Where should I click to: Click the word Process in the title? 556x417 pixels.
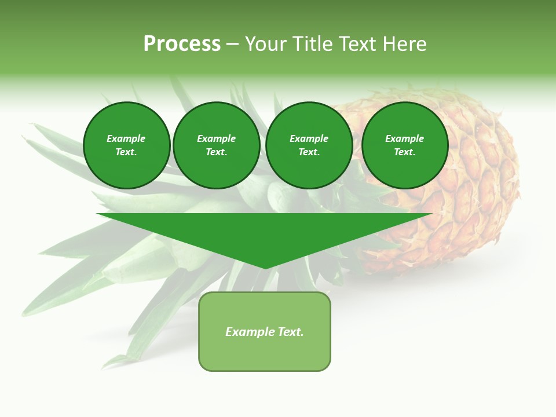(x=182, y=44)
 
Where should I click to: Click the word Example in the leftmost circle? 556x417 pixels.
(x=126, y=138)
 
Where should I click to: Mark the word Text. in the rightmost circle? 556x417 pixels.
(x=404, y=152)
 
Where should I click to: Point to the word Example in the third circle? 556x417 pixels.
(x=309, y=138)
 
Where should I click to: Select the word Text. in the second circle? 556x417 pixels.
(x=216, y=152)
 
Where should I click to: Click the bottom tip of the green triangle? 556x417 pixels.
(x=265, y=267)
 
